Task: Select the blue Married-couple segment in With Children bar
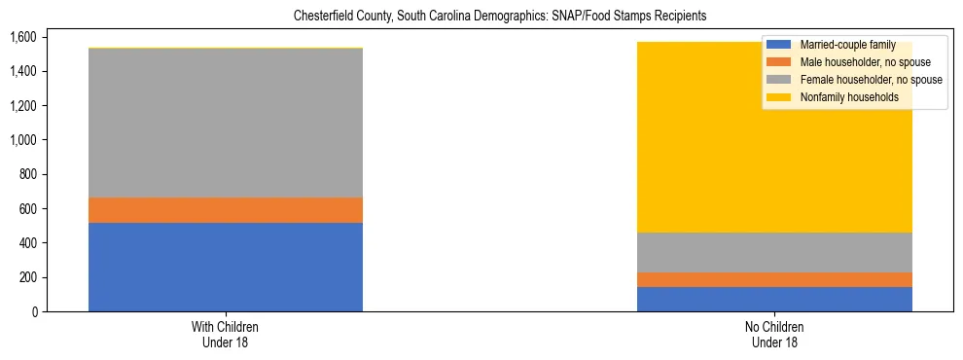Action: [x=226, y=267]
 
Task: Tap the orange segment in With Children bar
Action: [x=226, y=210]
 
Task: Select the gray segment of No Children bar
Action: [x=774, y=252]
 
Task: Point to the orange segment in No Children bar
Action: [x=774, y=279]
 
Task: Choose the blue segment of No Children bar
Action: [x=774, y=299]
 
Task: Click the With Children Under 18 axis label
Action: [x=226, y=335]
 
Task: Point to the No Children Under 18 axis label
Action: [x=774, y=335]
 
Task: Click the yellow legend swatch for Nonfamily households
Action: [x=779, y=97]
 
